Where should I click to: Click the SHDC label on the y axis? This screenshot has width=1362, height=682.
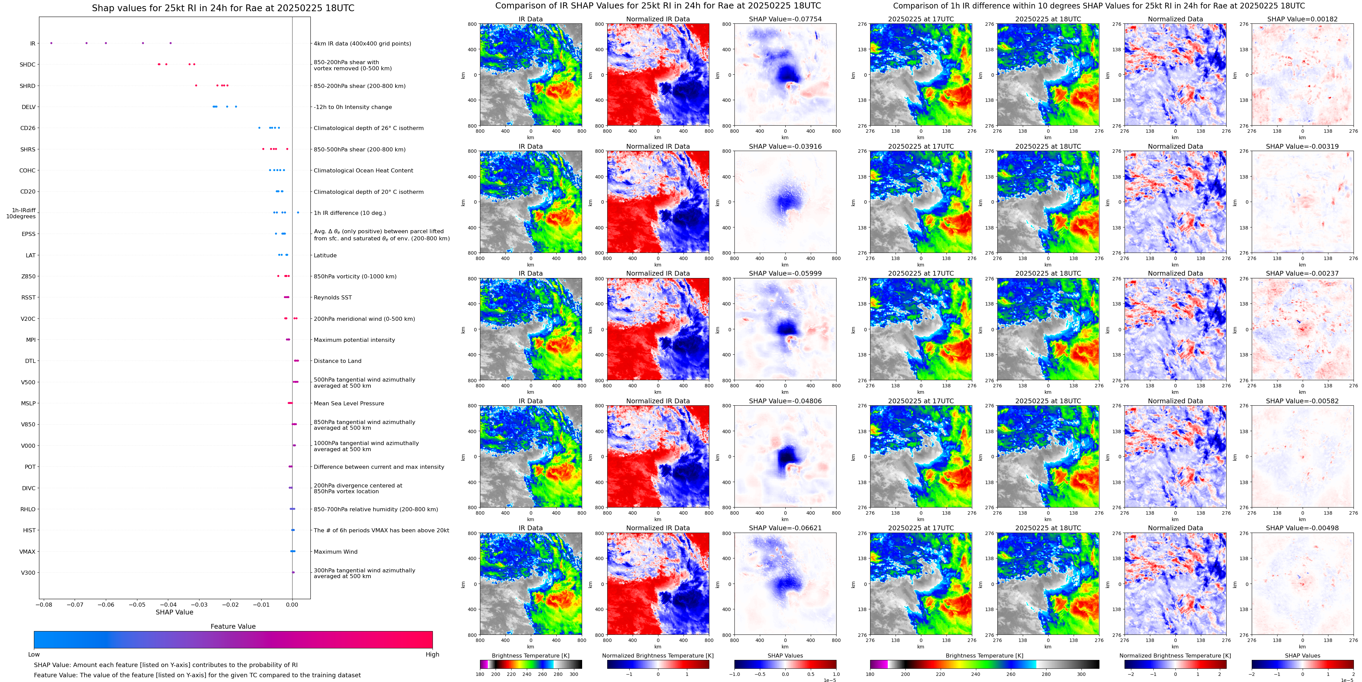pyautogui.click(x=27, y=64)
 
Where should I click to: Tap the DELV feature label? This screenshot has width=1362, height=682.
pyautogui.click(x=28, y=107)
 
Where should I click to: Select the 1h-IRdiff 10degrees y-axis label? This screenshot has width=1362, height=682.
pyautogui.click(x=21, y=213)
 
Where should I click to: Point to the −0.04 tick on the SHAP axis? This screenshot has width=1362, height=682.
pyautogui.click(x=168, y=604)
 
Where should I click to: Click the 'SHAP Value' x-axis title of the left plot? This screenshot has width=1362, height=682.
pyautogui.click(x=174, y=612)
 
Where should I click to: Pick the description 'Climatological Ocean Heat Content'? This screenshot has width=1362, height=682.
pyautogui.click(x=363, y=170)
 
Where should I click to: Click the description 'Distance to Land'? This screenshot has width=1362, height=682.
pyautogui.click(x=337, y=361)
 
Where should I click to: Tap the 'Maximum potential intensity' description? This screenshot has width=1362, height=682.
pyautogui.click(x=354, y=340)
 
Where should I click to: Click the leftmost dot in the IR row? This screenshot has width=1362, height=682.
pyautogui.click(x=51, y=43)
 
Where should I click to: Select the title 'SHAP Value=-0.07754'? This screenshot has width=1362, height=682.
pyautogui.click(x=785, y=19)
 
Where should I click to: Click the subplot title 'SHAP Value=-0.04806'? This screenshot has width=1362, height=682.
pyautogui.click(x=785, y=401)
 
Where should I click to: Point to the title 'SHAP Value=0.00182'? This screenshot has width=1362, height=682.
pyautogui.click(x=1302, y=19)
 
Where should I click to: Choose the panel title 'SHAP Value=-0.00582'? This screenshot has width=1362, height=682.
pyautogui.click(x=1302, y=401)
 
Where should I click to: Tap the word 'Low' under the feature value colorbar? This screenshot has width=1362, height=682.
pyautogui.click(x=34, y=655)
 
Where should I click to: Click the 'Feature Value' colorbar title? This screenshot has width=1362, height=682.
pyautogui.click(x=233, y=626)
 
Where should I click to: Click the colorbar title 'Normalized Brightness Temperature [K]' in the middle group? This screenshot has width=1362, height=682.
pyautogui.click(x=658, y=656)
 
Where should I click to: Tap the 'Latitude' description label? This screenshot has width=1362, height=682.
pyautogui.click(x=325, y=255)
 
